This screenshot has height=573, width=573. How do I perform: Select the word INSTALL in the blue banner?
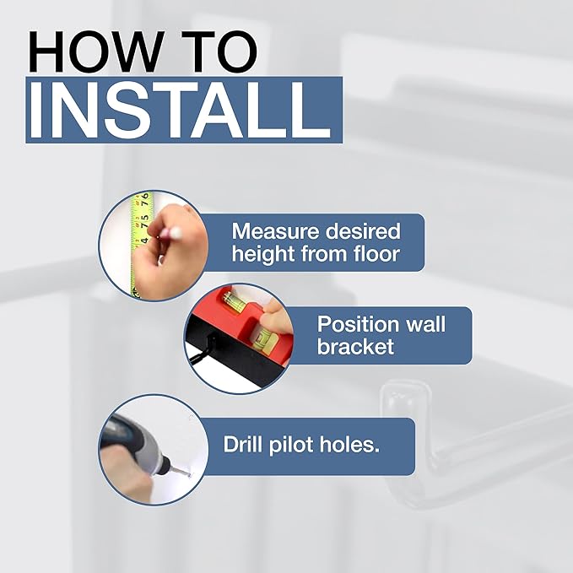180,111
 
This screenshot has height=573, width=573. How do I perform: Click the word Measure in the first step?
276,232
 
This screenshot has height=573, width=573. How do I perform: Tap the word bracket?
355,346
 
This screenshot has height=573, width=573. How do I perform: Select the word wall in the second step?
426,324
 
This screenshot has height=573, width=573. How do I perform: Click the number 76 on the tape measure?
145,200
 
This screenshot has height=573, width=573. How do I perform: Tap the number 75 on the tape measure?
144,221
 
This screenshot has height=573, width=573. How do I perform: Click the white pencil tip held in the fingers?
176,232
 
